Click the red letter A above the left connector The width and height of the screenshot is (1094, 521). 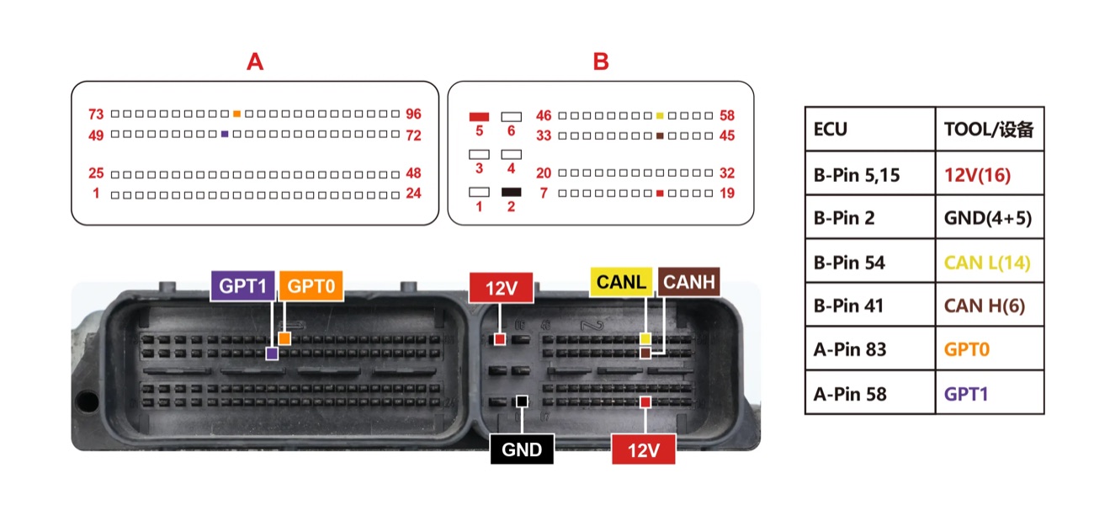pos(255,62)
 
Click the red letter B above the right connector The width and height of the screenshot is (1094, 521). pos(601,62)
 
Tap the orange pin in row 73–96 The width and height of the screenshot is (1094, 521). pos(236,114)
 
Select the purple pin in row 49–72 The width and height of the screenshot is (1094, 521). pos(225,134)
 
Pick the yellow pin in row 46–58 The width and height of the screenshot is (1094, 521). pos(660,115)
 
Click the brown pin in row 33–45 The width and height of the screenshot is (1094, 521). pos(660,136)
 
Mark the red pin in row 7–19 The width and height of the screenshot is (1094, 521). pos(660,194)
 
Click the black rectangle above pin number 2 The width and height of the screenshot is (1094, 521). pos(512,192)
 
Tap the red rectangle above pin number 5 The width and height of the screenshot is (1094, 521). pos(479,117)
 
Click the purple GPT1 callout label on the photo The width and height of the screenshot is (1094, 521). pos(242,285)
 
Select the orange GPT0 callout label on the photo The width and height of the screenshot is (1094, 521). pos(311,285)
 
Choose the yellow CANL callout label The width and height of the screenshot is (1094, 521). pos(621,282)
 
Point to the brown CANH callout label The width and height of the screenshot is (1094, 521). pos(689,282)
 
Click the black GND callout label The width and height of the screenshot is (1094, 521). pos(522,449)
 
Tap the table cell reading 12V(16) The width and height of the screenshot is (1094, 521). pos(990,173)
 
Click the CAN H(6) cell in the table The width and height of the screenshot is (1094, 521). pos(990,305)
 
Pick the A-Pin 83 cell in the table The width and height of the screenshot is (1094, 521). pos(870,348)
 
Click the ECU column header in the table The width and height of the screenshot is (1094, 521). pos(870,129)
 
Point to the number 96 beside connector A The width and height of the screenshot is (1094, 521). pos(414,114)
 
